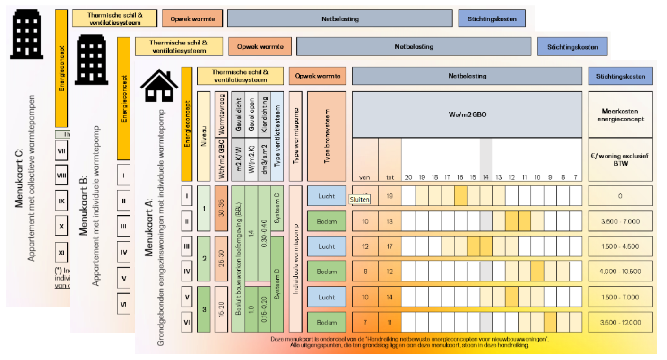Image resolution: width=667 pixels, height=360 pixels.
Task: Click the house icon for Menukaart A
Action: point(159,86)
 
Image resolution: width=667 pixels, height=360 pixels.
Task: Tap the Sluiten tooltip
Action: point(360,200)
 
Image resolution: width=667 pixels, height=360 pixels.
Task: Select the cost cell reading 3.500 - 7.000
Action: point(620,221)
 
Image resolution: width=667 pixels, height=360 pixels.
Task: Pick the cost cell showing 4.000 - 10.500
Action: point(620,272)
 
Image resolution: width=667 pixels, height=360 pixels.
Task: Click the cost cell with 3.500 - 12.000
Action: point(620,322)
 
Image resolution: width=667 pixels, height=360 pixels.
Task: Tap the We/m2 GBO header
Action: point(467,114)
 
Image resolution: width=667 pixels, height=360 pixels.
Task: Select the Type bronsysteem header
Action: point(327,136)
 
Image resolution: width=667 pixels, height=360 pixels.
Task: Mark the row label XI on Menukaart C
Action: point(61,253)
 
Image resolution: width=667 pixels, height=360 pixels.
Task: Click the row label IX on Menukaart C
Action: point(61,201)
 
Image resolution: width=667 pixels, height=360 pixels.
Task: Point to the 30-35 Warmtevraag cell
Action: point(221,208)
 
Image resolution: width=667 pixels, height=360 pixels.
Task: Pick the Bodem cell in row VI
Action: point(327,322)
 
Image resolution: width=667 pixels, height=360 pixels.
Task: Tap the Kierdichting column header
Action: point(265,115)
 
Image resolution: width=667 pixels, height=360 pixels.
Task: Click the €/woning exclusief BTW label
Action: point(620,160)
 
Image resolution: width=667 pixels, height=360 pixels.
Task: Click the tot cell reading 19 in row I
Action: point(390,196)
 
